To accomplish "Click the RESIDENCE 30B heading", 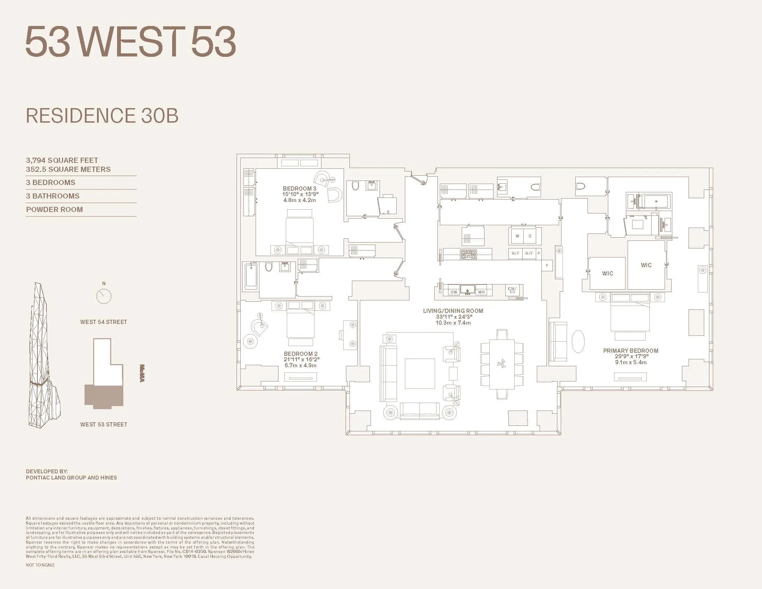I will tap(102, 116).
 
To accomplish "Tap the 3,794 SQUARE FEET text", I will tap(62, 160).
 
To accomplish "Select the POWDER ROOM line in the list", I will tap(54, 210).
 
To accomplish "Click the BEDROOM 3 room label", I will tap(300, 189).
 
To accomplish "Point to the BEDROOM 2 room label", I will tap(300, 354).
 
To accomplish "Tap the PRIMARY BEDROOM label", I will tap(630, 351).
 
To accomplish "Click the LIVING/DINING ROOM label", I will tap(453, 311).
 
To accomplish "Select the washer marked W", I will tap(517, 236).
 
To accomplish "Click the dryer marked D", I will tap(530, 236).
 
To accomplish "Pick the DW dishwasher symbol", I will tap(454, 292).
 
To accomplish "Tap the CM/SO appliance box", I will tap(512, 290).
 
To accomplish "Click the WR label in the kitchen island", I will tap(481, 292).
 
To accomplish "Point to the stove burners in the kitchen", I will tap(468, 254).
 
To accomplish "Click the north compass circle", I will tap(104, 297).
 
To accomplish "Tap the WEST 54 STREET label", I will tap(103, 322).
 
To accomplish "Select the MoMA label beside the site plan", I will tap(142, 373).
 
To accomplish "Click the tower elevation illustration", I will tap(44, 356).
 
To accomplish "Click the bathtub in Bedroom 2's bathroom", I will tap(251, 277).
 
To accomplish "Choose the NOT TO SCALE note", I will tap(40, 565).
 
